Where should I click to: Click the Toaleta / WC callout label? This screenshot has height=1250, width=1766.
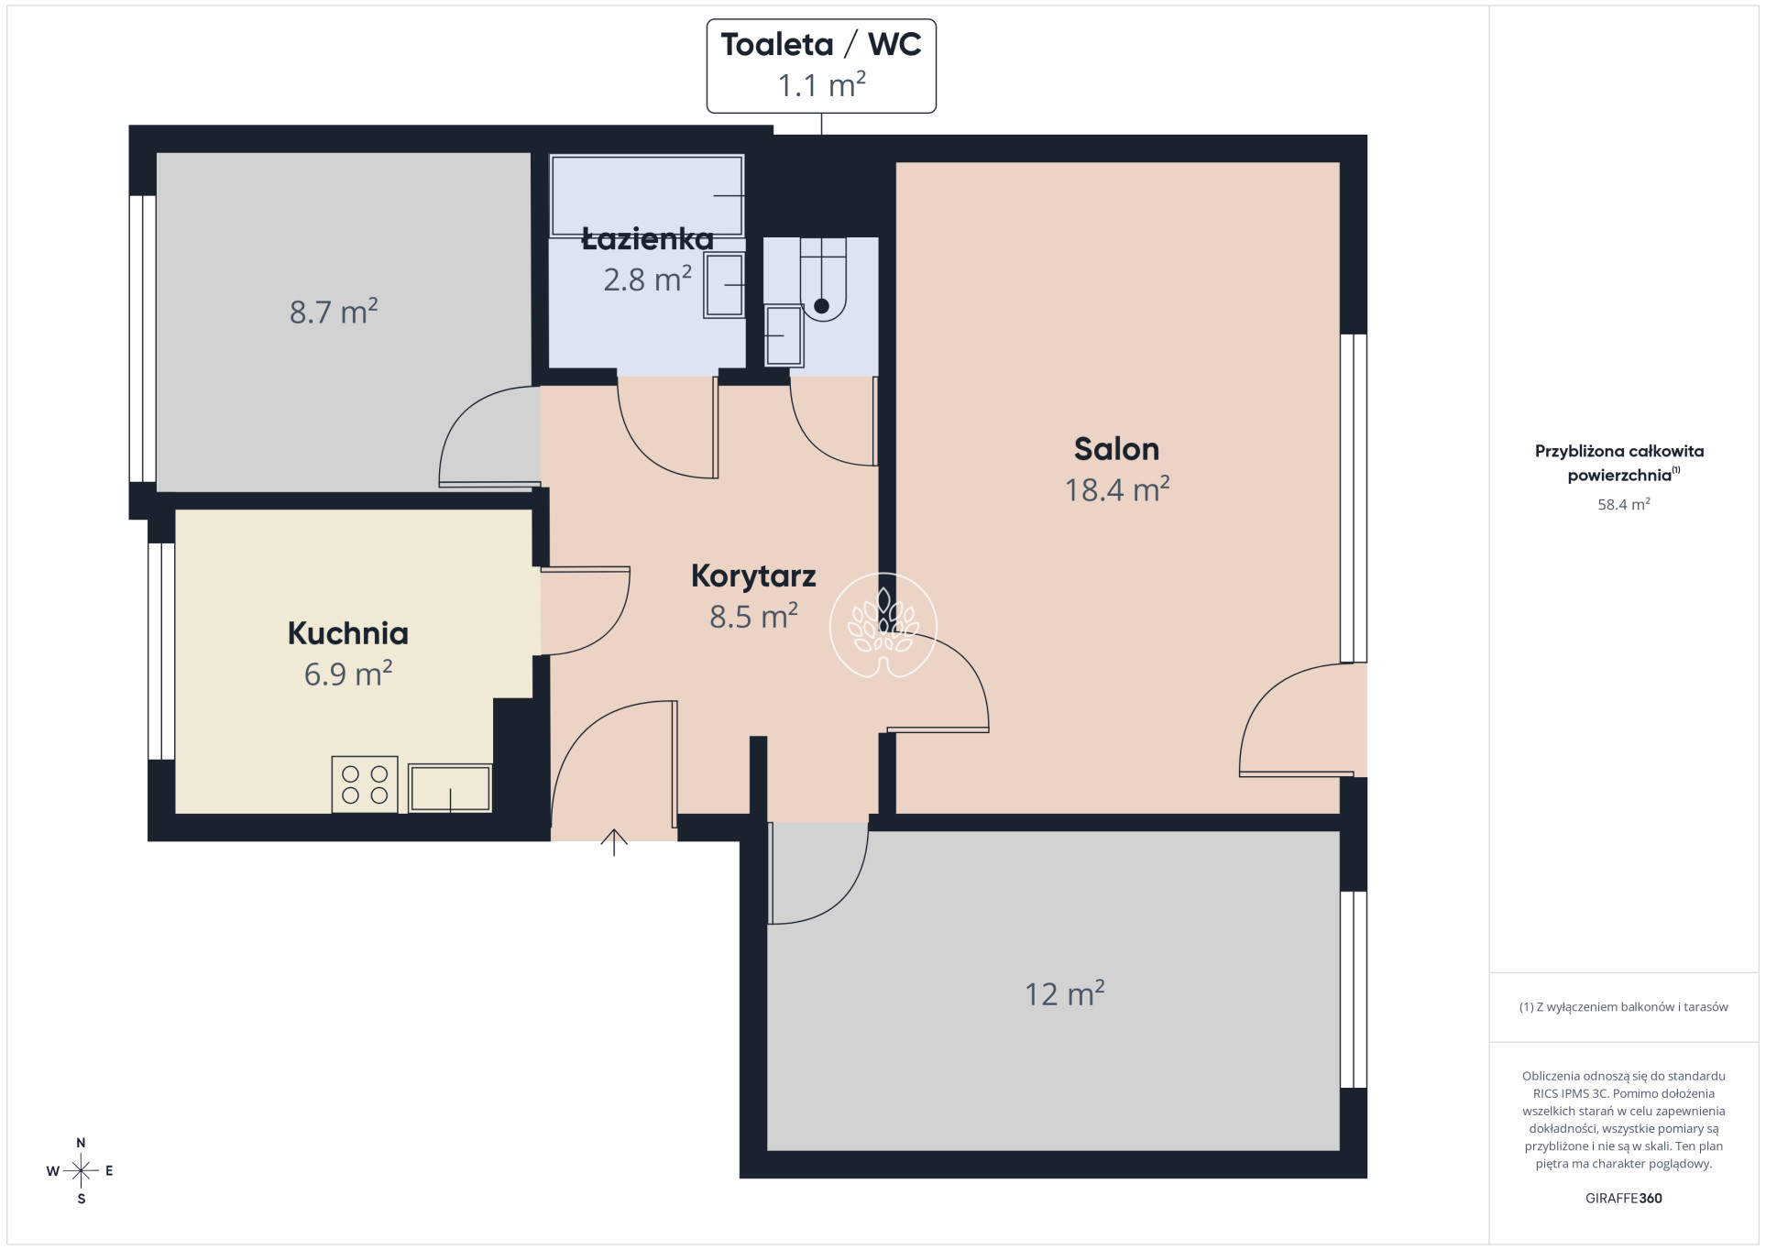[820, 66]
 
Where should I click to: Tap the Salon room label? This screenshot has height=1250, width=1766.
[1116, 449]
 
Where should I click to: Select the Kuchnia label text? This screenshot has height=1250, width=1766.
[348, 633]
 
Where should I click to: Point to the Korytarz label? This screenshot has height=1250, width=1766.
[753, 576]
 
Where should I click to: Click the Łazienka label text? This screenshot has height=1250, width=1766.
[647, 238]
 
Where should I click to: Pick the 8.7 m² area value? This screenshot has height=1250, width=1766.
[334, 312]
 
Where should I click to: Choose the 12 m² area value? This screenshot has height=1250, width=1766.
[1064, 993]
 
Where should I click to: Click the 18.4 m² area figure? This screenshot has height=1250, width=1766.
[1116, 489]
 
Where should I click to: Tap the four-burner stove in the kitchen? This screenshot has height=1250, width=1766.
[365, 784]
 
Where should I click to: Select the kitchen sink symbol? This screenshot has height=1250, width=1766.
[450, 788]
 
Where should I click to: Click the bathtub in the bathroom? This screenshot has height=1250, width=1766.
[646, 195]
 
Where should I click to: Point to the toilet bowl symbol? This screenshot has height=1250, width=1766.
[823, 279]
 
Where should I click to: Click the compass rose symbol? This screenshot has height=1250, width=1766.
[81, 1170]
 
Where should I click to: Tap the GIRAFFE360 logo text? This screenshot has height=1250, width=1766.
[1623, 1198]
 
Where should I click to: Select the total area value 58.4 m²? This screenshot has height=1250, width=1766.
[1623, 504]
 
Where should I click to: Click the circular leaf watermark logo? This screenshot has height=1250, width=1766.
[883, 626]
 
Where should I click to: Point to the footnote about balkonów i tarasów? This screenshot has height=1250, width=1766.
[1623, 1007]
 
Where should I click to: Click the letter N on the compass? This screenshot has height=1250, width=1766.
[81, 1143]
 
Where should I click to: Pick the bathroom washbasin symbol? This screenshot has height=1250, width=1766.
[724, 286]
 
